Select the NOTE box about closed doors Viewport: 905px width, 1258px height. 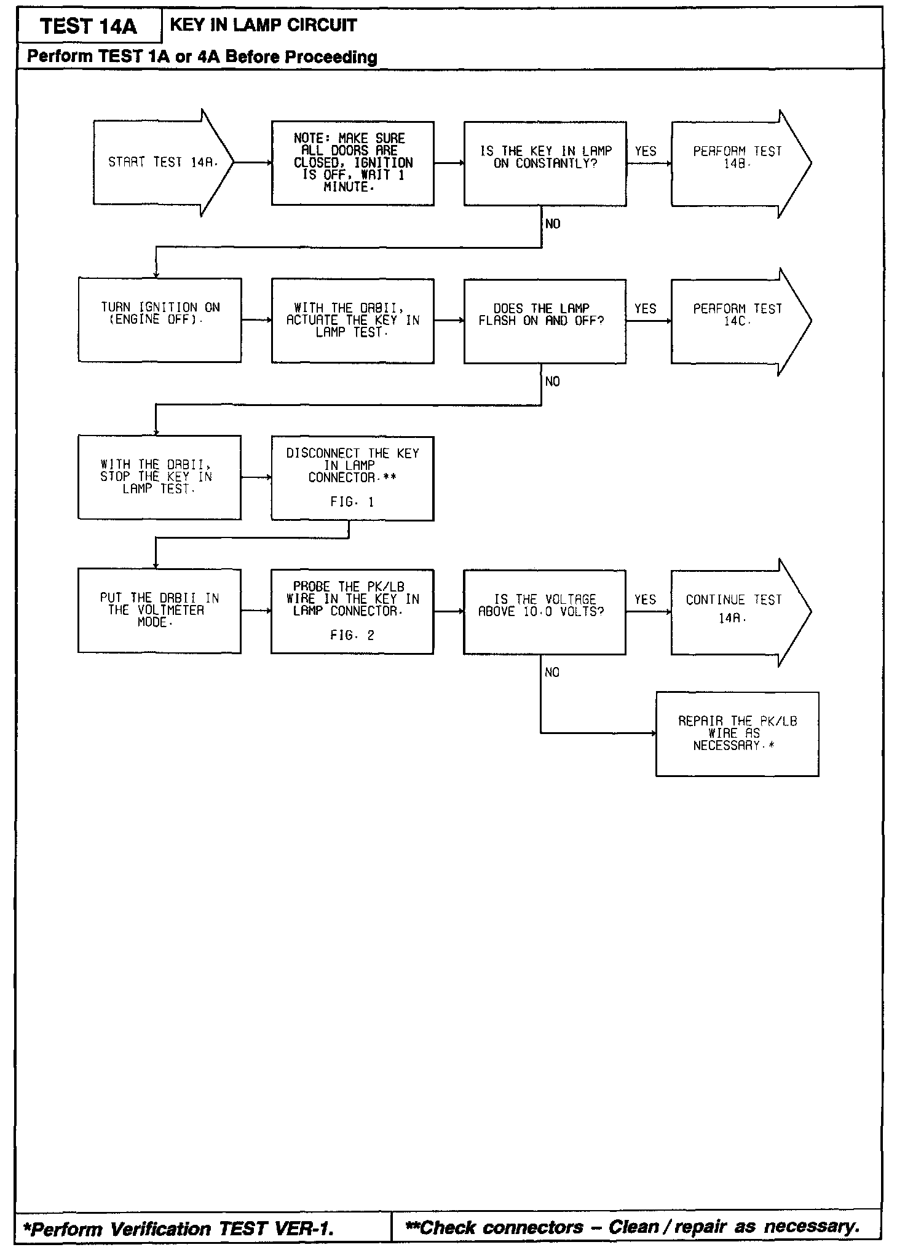[352, 163]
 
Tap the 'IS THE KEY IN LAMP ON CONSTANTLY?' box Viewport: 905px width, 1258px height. [545, 163]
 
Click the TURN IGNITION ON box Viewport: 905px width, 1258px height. [160, 320]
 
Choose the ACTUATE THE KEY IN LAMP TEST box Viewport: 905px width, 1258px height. [352, 321]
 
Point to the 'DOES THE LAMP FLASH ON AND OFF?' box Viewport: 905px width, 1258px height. [545, 321]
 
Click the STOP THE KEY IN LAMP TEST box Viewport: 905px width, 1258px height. [159, 477]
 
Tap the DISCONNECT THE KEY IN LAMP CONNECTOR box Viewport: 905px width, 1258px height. [352, 478]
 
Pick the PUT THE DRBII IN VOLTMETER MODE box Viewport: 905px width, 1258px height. [159, 611]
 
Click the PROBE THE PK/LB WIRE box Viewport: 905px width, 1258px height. [352, 611]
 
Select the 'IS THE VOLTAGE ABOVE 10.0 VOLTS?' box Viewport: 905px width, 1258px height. [544, 611]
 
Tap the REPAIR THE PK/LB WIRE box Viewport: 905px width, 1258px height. [737, 734]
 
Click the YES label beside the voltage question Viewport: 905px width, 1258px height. [646, 600]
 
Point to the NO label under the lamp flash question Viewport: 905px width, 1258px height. [553, 381]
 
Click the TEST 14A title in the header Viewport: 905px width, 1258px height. [89, 26]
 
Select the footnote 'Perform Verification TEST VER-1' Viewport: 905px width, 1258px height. [178, 1228]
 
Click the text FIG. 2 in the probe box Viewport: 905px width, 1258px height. [352, 635]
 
